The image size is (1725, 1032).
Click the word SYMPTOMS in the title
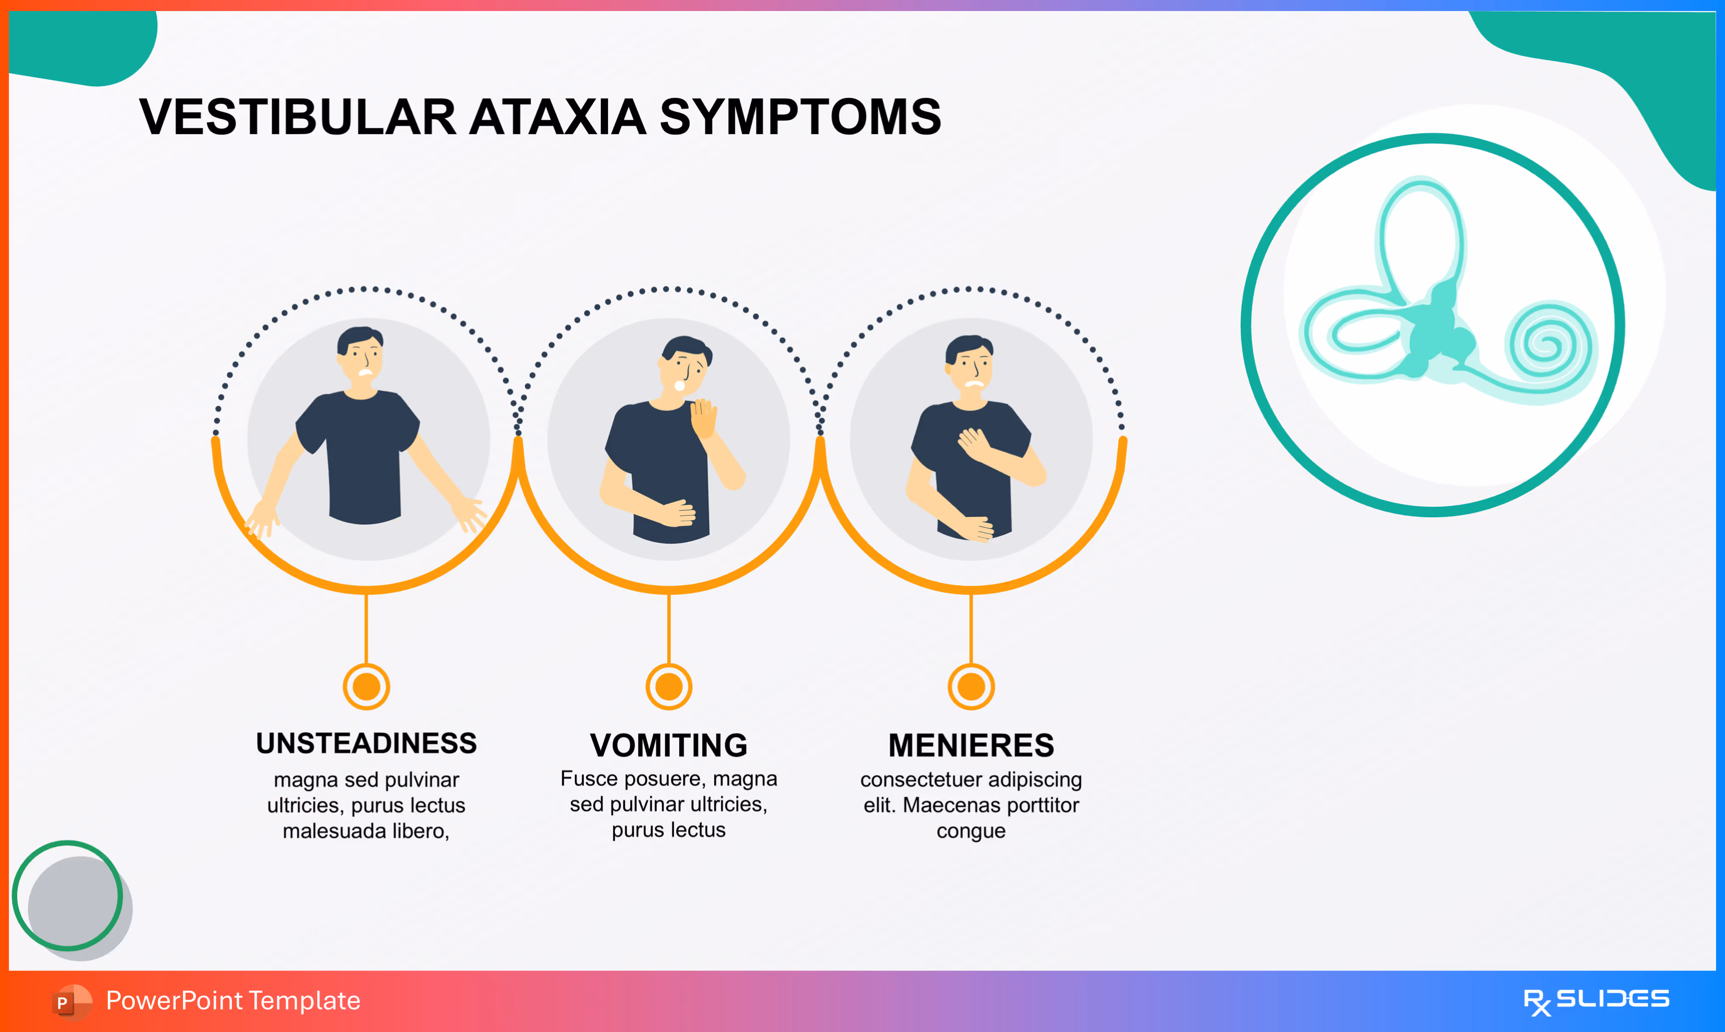[x=800, y=117]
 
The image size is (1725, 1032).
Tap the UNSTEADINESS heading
[x=366, y=743]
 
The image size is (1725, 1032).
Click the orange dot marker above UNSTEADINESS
[x=366, y=687]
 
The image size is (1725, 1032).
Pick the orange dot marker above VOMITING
[x=668, y=687]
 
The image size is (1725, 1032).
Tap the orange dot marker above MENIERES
[x=971, y=687]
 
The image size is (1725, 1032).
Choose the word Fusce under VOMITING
[x=589, y=779]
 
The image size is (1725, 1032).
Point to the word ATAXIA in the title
[x=558, y=117]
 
